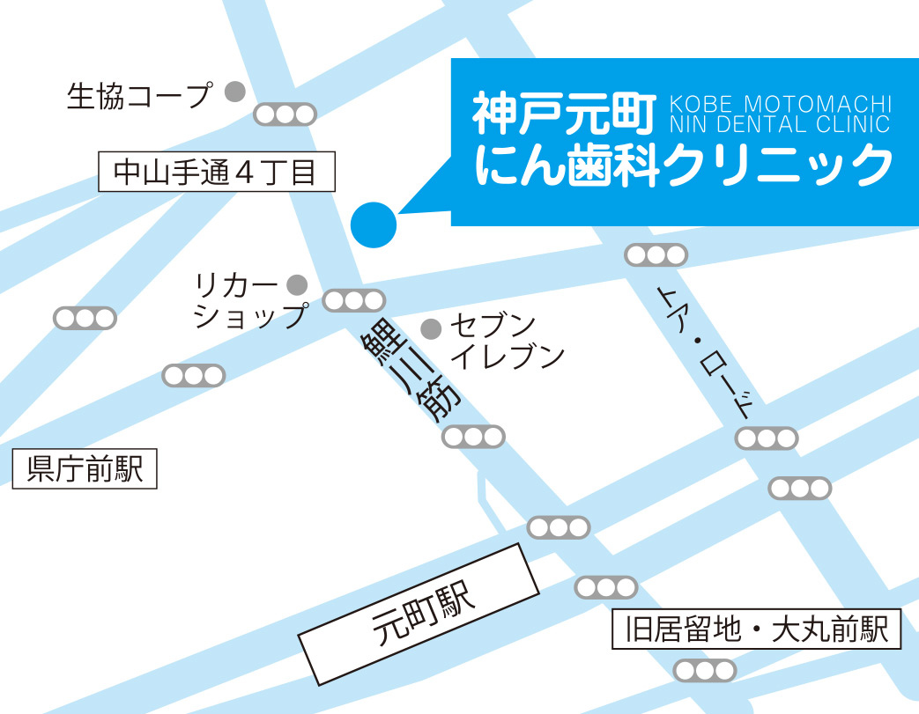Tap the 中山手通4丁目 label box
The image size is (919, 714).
216,172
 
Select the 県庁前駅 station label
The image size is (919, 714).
85,468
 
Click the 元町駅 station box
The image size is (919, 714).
419,614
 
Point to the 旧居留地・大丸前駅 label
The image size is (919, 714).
757,629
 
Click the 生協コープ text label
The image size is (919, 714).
140,95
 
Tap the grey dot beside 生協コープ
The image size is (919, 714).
233,92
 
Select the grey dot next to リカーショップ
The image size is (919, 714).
297,284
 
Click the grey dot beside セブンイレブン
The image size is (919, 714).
431,329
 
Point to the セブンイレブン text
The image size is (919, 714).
506,341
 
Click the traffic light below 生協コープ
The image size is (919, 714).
285,114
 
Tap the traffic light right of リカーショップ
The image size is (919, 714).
354,301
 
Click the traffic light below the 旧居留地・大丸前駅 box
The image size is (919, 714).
704,671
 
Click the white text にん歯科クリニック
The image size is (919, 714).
683,165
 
